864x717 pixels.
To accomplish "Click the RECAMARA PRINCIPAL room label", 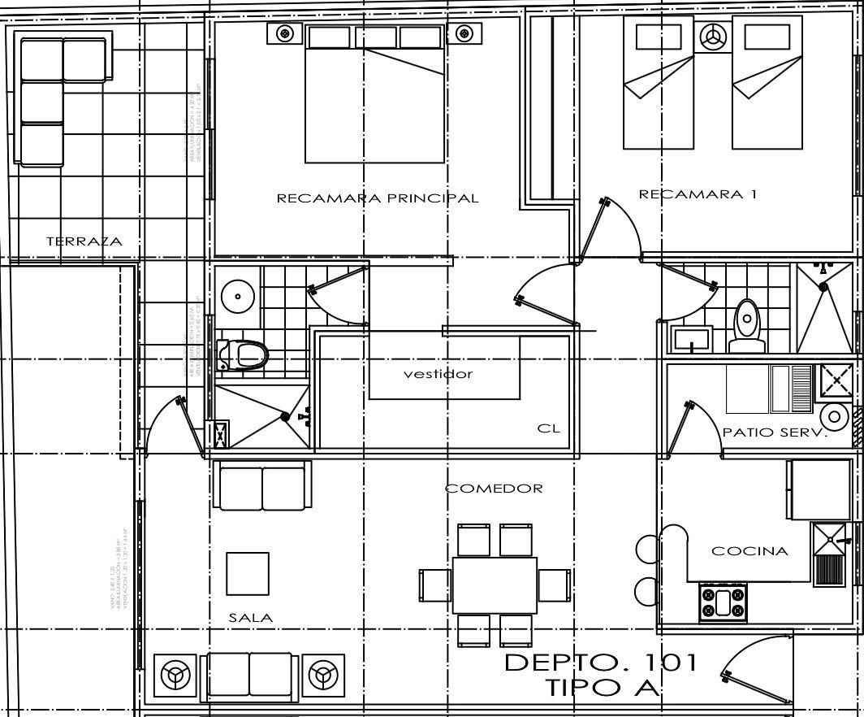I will (378, 198).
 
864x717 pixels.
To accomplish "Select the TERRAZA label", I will (84, 241).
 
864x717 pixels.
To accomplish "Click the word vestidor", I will (438, 374).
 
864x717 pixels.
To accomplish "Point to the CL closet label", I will (548, 428).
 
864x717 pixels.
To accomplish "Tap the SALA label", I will (250, 618).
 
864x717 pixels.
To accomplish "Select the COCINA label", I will (750, 551).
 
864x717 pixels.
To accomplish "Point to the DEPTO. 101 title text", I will (601, 663).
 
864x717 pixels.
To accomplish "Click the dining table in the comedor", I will (495, 585).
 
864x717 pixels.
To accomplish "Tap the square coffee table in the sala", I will (247, 573).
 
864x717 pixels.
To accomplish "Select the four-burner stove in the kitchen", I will (722, 602).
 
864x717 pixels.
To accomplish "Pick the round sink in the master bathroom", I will (237, 296).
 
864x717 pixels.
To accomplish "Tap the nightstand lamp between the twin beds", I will (714, 37).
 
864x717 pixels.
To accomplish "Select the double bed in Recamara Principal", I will (374, 102).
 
